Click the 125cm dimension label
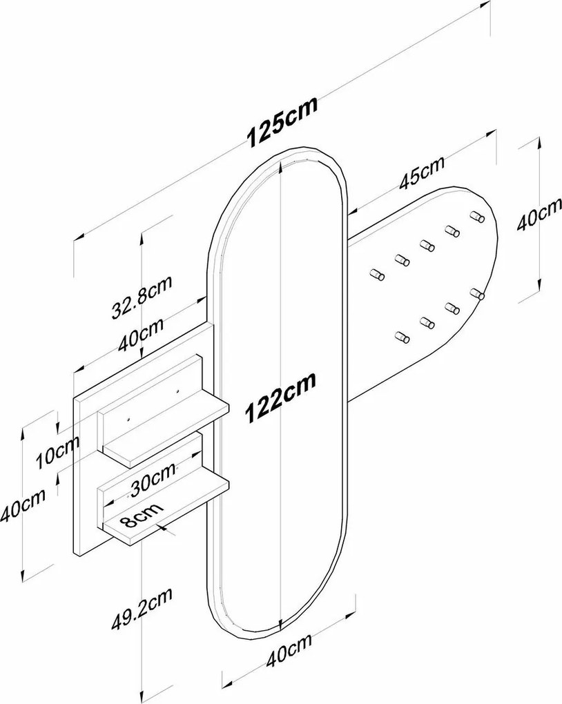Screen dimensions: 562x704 (x=282, y=121)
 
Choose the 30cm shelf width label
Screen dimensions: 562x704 (x=153, y=480)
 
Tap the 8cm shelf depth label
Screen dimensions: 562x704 (x=142, y=515)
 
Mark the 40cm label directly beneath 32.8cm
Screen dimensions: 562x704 (x=141, y=335)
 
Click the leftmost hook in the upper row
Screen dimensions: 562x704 (x=376, y=274)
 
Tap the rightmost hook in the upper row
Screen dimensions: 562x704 (x=477, y=217)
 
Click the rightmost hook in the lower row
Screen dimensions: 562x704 (x=478, y=293)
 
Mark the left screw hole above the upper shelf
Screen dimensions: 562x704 (x=128, y=420)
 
